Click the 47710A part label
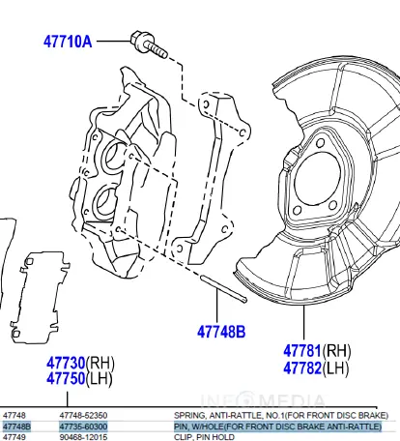[x=68, y=42]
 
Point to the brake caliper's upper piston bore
[x=116, y=155]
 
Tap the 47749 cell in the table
[x=14, y=436]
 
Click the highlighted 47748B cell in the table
[x=16, y=425]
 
